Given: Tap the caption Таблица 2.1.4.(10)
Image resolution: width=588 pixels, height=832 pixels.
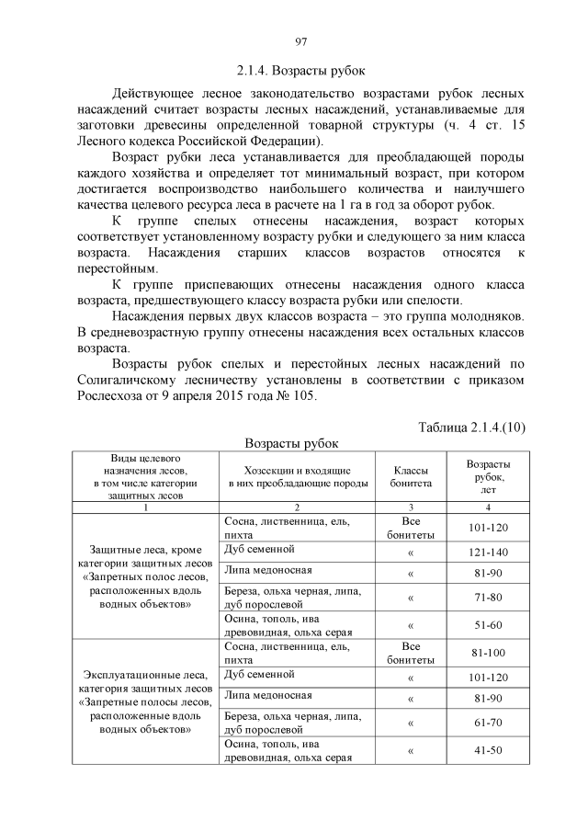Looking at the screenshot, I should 471,427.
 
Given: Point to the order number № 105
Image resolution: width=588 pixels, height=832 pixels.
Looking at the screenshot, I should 296,397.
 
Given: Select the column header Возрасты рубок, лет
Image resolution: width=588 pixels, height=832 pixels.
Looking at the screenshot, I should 489,475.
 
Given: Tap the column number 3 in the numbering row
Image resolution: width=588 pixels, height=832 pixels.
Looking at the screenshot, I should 409,507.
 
